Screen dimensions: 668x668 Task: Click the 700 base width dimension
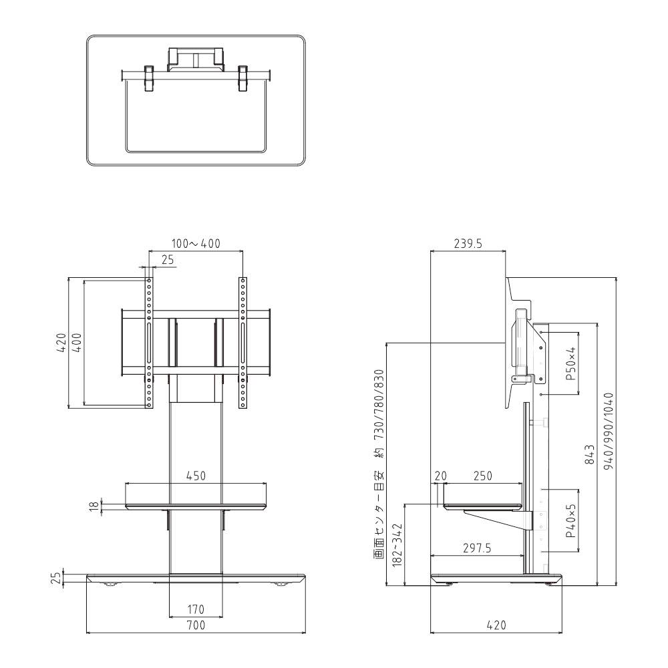tap(196, 625)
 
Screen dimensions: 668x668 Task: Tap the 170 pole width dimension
tap(196, 609)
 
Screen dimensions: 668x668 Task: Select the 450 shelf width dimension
tap(196, 476)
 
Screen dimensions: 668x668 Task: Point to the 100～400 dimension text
tap(196, 243)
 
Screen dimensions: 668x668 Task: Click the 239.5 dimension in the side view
tap(468, 243)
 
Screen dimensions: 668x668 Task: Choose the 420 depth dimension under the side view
tap(496, 625)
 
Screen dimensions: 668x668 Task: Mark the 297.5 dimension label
tap(477, 548)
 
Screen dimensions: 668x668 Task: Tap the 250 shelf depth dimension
tap(483, 476)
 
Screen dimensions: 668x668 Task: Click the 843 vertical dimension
tap(590, 454)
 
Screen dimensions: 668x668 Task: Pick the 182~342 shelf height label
tap(397, 545)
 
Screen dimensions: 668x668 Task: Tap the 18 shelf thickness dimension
tap(94, 506)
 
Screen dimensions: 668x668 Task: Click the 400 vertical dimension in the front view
tap(77, 343)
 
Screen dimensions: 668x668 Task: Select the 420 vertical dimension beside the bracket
tap(61, 343)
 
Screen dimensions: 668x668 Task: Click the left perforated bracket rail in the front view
tap(149, 343)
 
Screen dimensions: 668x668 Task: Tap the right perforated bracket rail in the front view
tap(242, 343)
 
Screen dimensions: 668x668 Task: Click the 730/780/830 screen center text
tap(380, 404)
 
